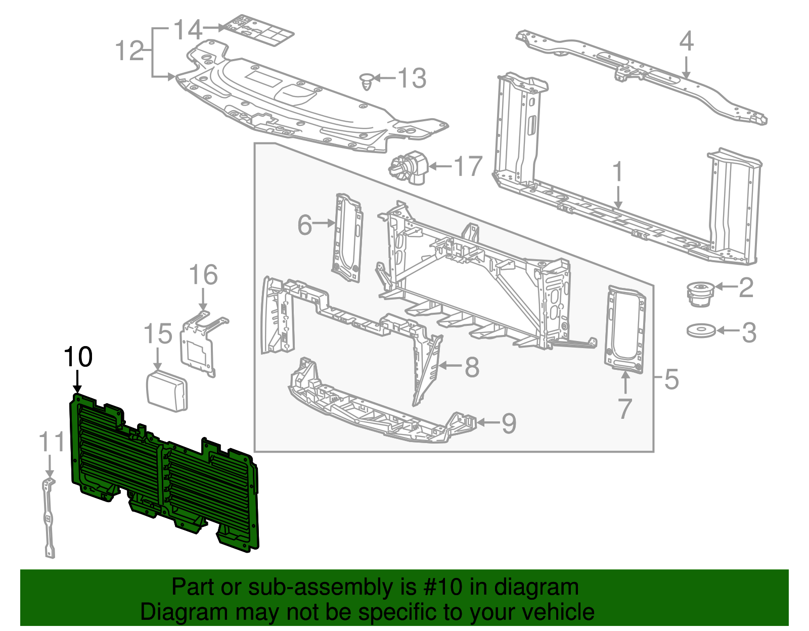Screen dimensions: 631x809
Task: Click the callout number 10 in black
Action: (x=78, y=357)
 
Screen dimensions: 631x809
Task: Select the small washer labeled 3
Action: (x=701, y=331)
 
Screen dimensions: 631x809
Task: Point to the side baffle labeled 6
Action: (x=347, y=237)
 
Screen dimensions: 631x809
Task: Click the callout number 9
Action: (x=509, y=423)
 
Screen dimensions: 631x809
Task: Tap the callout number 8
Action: (x=471, y=367)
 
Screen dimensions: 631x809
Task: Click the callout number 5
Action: (x=671, y=379)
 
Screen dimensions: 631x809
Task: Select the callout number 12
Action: (x=129, y=51)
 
